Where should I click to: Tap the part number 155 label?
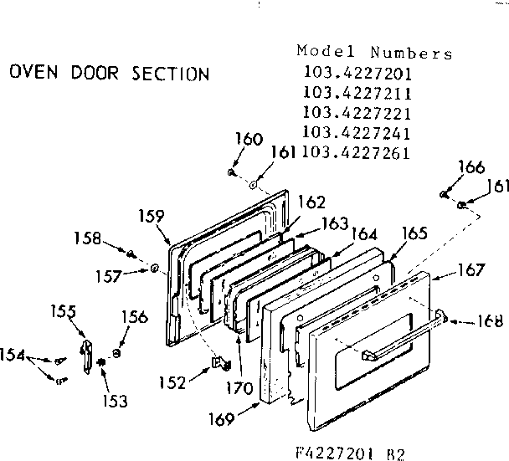pos(62,312)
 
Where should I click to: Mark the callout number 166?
pos(471,168)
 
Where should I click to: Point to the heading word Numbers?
pos(414,54)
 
